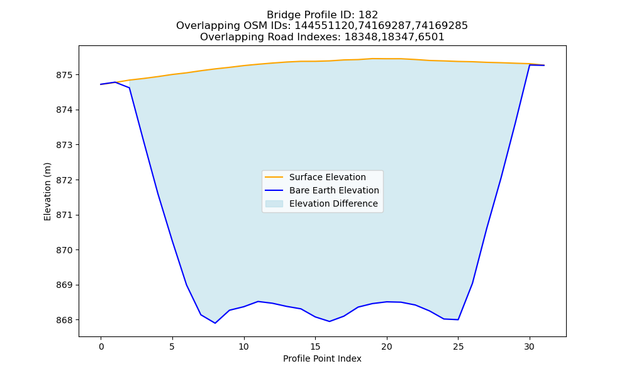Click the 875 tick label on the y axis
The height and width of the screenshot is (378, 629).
coord(64,75)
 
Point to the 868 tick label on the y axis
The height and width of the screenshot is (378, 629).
coord(64,320)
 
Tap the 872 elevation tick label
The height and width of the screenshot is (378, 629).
coord(64,180)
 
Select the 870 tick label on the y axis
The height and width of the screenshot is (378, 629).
coord(64,250)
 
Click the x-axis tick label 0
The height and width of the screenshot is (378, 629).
coord(101,346)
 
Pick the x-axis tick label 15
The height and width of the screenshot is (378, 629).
coord(315,346)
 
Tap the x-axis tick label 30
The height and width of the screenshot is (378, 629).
coord(530,346)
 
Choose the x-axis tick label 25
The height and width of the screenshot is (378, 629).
coord(458,346)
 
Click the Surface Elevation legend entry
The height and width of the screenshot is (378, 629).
coord(315,177)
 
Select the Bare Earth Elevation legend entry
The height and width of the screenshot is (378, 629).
coord(321,190)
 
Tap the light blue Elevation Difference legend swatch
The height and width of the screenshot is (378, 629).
coord(274,203)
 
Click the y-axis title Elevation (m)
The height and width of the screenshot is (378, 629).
coord(47,192)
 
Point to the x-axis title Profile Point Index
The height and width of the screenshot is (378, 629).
coord(322,358)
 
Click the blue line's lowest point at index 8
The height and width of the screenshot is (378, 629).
coord(215,323)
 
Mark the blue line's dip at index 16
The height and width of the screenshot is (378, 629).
coord(330,321)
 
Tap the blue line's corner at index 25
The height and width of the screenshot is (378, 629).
coord(458,320)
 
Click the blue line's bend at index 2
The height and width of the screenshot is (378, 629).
coord(130,88)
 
